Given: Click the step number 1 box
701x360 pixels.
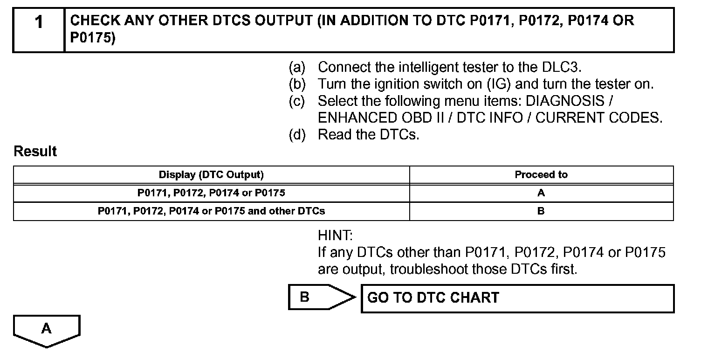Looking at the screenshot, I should pos(39,30).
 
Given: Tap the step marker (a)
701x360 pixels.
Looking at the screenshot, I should pos(297,67).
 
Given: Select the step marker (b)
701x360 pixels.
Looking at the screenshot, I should pos(297,84).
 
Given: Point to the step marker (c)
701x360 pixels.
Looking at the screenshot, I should pos(297,101).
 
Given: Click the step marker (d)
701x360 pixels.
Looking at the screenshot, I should pos(297,135).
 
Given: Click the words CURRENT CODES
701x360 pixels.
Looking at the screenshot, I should pos(598,118).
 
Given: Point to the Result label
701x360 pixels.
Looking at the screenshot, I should pos(35,152).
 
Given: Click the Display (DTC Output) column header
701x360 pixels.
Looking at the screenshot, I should pos(211,175).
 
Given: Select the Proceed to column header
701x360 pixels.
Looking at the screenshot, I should pos(541,175).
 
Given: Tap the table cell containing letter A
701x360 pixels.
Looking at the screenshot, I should pos(541,193).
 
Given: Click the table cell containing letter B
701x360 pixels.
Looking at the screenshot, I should pos(541,211).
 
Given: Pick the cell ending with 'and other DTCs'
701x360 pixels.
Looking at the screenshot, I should pos(211,211).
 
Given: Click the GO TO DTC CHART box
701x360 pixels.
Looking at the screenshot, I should pos(517,298).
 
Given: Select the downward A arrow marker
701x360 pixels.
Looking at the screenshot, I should pos(47,330).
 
